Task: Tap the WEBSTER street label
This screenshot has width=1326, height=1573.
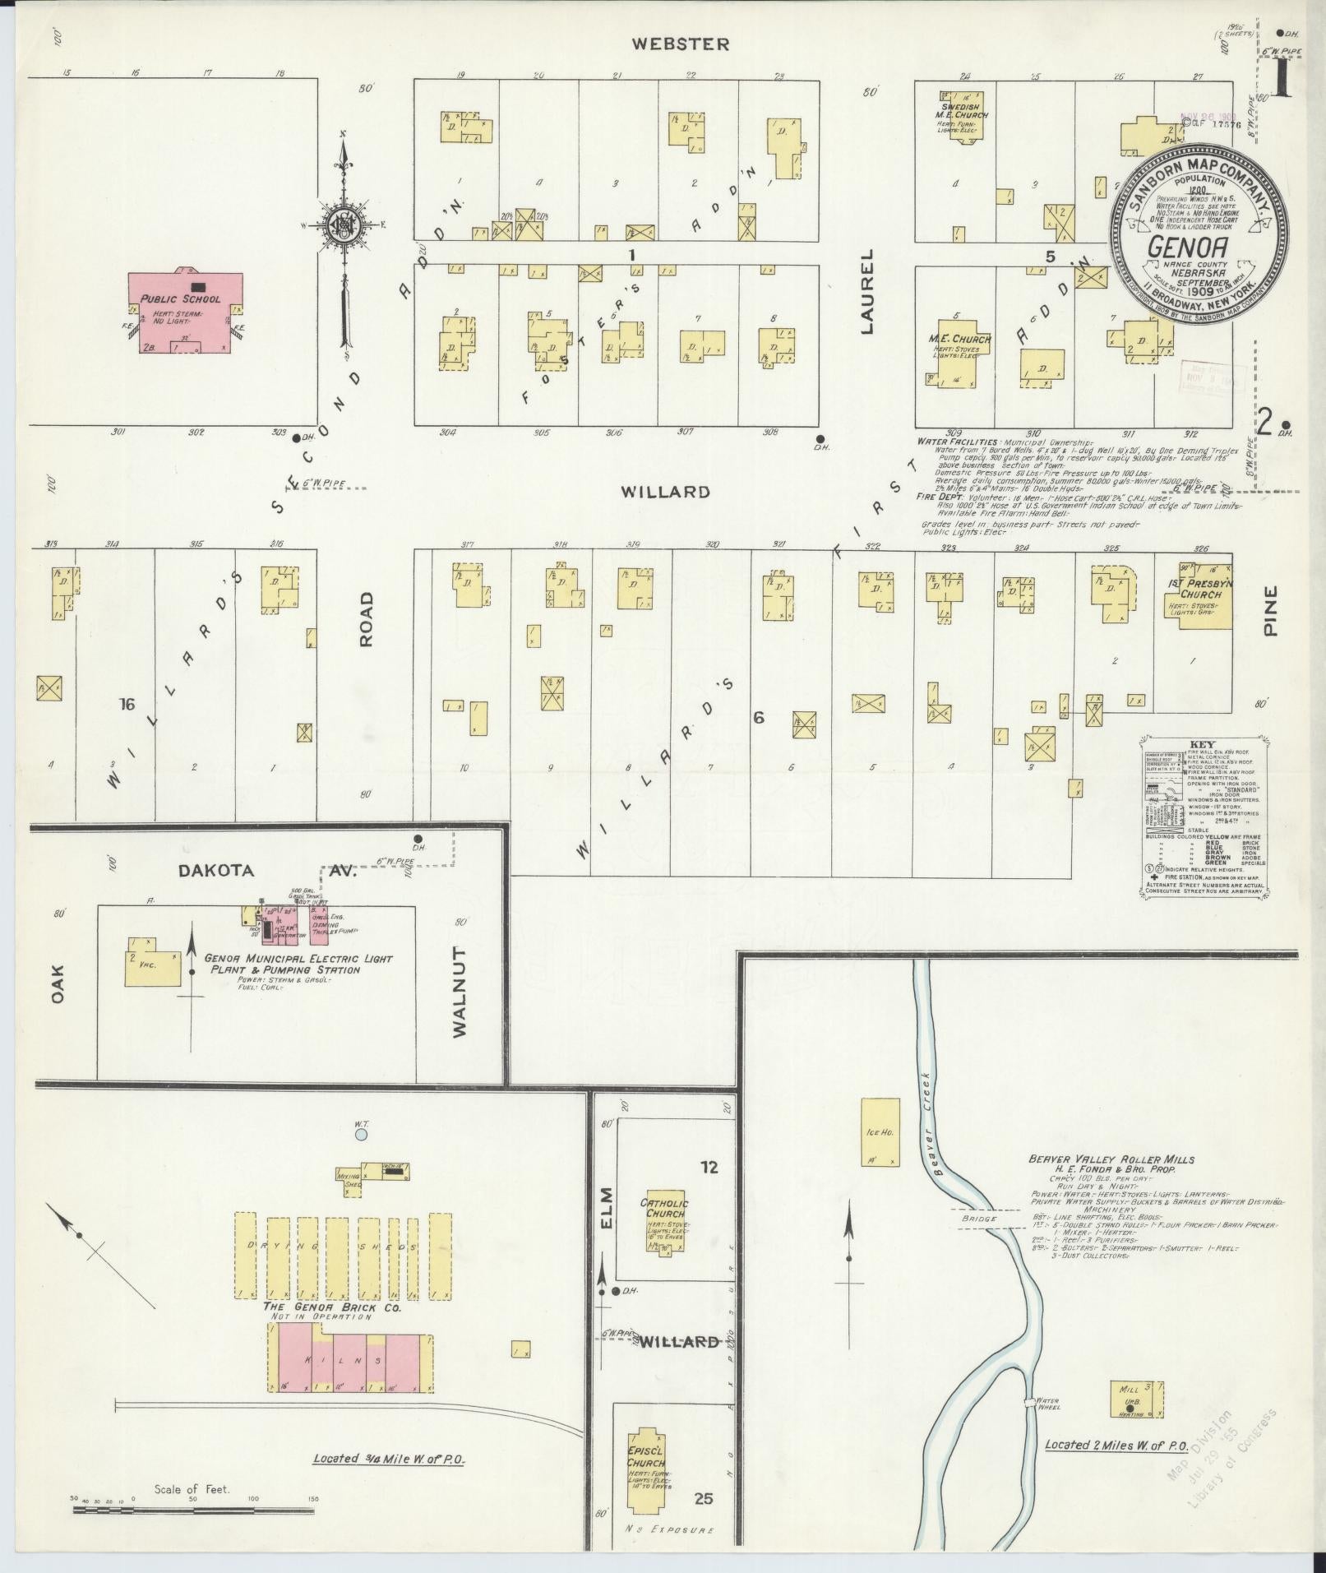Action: click(680, 44)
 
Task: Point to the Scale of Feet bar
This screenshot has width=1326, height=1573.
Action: click(193, 1511)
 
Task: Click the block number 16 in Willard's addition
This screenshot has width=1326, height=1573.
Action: click(126, 704)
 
